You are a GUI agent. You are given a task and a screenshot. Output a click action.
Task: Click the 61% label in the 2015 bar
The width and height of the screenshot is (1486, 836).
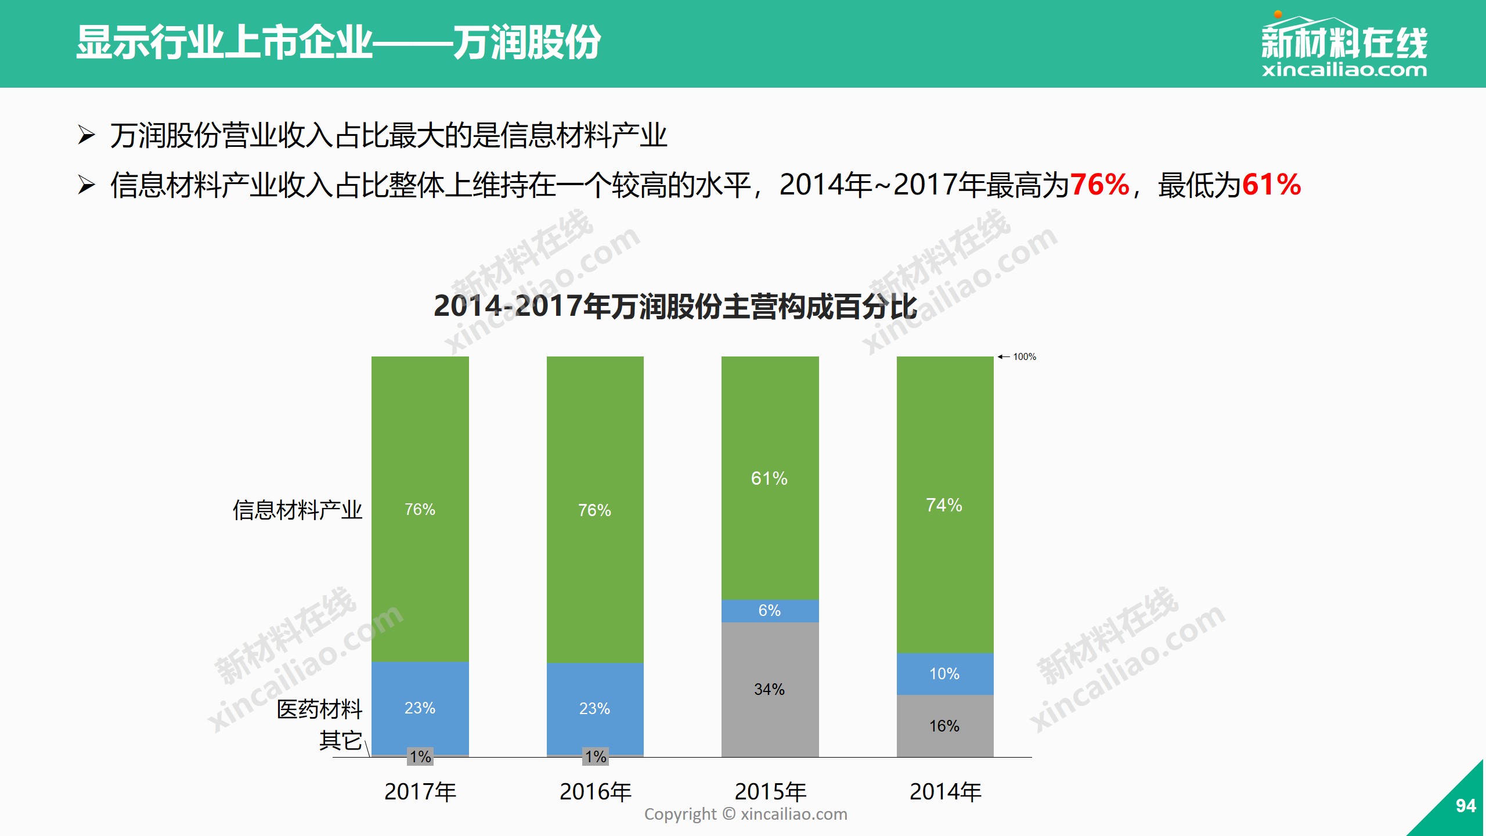[x=769, y=478]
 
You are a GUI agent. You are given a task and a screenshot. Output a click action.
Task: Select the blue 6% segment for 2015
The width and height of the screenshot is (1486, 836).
[x=770, y=611]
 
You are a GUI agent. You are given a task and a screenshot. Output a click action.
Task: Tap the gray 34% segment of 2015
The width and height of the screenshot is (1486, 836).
[x=770, y=689]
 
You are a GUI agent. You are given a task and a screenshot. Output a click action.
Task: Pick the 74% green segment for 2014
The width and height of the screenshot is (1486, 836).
[x=944, y=505]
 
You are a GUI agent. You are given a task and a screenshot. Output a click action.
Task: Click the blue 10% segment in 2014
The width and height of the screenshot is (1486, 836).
[x=944, y=673]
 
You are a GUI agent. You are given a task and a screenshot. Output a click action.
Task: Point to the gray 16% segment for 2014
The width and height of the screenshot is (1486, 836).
[x=944, y=726]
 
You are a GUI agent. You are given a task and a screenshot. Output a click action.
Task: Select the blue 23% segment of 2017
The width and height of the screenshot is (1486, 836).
[x=420, y=708]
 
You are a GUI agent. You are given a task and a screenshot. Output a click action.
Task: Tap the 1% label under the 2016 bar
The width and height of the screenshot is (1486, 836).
[x=596, y=756]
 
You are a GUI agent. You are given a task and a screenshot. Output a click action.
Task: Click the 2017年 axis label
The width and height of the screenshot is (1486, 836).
[x=420, y=792]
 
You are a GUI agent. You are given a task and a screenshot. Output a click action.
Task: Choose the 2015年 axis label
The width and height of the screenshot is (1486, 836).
[x=770, y=792]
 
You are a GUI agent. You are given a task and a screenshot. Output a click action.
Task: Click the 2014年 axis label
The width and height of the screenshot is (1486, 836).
[x=945, y=792]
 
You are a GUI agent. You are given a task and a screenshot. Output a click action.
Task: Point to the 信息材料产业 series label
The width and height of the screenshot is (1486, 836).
[x=297, y=510]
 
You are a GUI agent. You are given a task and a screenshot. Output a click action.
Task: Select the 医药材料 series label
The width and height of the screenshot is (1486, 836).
[x=319, y=709]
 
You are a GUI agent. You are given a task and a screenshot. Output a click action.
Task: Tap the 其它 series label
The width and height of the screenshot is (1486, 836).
[x=340, y=741]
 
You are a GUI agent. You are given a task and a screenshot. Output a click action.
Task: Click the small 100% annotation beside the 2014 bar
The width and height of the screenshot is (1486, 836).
[x=1024, y=356]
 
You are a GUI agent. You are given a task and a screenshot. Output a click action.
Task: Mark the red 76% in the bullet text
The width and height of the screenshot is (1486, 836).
[x=1099, y=185]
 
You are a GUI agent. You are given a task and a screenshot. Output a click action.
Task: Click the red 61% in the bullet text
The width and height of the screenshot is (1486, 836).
[x=1271, y=185]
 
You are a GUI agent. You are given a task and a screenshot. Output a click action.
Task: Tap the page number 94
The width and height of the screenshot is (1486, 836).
[x=1466, y=806]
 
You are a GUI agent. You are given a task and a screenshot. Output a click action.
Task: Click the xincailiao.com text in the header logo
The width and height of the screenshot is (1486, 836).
[x=1344, y=70]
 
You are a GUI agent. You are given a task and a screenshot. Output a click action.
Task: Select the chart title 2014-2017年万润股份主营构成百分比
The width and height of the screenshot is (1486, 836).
[x=675, y=306]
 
